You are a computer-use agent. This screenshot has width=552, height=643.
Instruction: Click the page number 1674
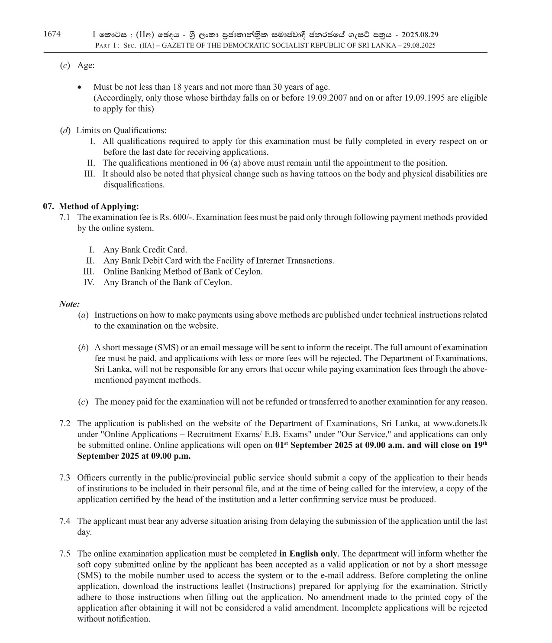click(x=52, y=34)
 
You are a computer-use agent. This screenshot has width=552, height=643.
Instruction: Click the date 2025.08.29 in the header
click(x=420, y=35)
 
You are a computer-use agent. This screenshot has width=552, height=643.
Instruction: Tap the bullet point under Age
click(x=79, y=88)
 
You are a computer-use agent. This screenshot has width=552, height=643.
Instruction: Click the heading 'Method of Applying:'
click(x=99, y=206)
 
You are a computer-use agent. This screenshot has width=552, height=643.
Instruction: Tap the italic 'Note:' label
click(x=69, y=304)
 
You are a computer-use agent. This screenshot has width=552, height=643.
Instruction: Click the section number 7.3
click(x=65, y=478)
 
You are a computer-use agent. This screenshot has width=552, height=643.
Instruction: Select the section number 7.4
click(x=65, y=521)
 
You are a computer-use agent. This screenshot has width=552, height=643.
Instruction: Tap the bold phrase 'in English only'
click(x=308, y=554)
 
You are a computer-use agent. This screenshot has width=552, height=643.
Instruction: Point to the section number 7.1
click(x=65, y=217)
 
